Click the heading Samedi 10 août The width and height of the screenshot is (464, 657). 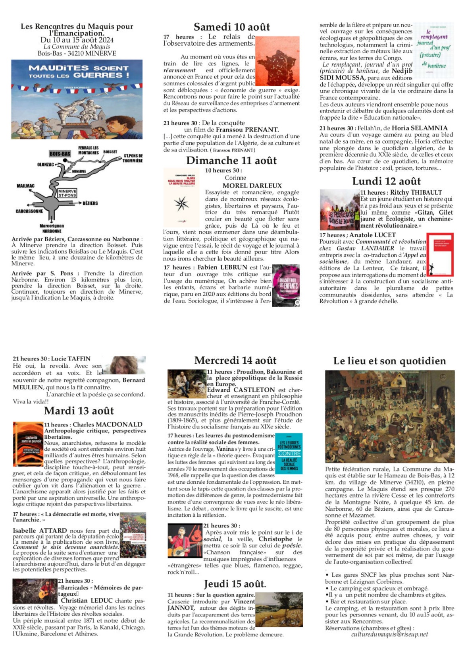coord(231,27)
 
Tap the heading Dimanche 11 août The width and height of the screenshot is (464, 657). coord(231,161)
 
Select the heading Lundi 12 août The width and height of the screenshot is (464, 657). coord(386,181)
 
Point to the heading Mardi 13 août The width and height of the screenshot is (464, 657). coord(79,411)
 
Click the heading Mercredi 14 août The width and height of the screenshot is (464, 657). coord(235,360)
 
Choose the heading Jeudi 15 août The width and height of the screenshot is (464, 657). coord(235,584)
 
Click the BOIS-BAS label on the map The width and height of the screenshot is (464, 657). coord(60,154)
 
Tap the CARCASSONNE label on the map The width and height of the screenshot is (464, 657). coord(29,211)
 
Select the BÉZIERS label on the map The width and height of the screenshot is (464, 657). coord(90,203)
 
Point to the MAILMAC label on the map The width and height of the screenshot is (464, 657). coord(25,186)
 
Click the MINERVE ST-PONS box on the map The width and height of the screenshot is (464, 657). coord(67,194)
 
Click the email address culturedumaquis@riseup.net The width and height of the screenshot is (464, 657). coord(389,634)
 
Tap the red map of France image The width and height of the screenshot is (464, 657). coord(277,61)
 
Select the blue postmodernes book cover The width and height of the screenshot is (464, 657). coord(289,453)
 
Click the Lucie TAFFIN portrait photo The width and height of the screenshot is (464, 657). coord(124,365)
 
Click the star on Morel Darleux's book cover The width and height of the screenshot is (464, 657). coord(181,203)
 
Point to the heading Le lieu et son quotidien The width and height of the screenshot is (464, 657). coord(389,361)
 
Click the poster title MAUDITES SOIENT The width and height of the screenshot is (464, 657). coord(79,68)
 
